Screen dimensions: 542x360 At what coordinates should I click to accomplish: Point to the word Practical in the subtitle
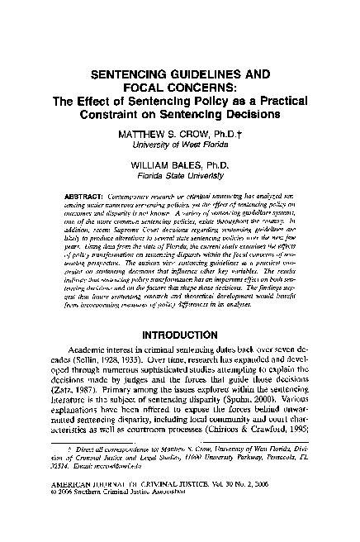click(x=258, y=101)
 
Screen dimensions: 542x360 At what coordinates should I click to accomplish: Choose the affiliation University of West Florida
click(x=180, y=144)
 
